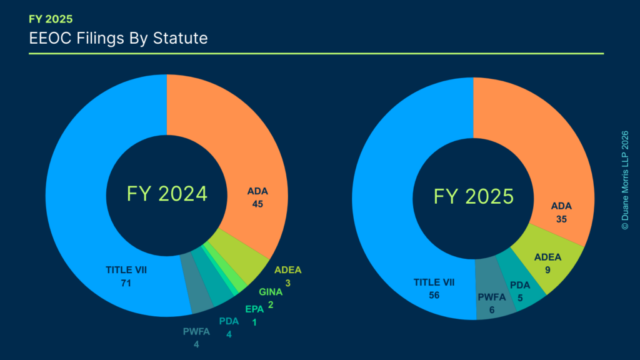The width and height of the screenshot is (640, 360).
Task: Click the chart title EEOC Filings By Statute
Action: tap(118, 39)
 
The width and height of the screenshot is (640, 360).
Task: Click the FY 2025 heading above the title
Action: tap(51, 19)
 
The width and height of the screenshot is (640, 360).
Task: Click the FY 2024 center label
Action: tap(167, 194)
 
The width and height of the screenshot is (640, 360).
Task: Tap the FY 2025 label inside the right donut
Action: tap(474, 197)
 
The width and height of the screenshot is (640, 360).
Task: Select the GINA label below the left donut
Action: tap(271, 291)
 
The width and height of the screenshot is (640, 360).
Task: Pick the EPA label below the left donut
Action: tap(254, 309)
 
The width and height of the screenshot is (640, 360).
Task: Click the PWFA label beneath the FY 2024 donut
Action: tap(196, 332)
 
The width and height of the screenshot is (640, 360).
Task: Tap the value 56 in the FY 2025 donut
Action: tap(434, 295)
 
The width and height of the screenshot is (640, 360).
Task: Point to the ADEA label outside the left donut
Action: tap(288, 270)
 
